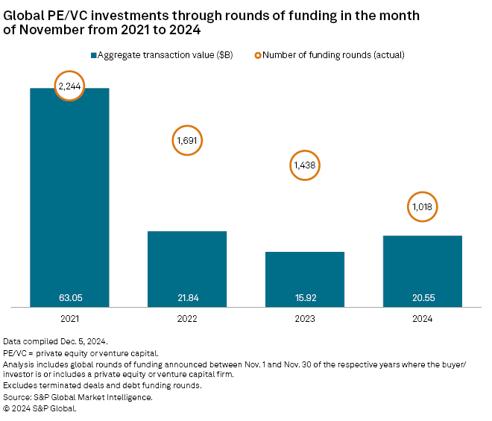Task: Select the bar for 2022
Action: coord(187,265)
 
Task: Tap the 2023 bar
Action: coord(305,276)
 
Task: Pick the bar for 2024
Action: coord(423,268)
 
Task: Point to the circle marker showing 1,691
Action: coord(187,139)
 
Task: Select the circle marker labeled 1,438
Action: coord(305,167)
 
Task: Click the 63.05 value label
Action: coord(69,297)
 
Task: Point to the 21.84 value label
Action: coord(187,297)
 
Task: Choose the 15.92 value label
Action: coord(305,297)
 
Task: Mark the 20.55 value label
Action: coord(423,297)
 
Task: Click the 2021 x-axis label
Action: coord(69,319)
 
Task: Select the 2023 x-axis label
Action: coord(305,319)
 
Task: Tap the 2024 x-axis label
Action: coord(423,319)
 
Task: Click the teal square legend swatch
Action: coord(94,55)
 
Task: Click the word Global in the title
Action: coord(25,15)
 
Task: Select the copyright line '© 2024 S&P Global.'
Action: coord(40,408)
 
